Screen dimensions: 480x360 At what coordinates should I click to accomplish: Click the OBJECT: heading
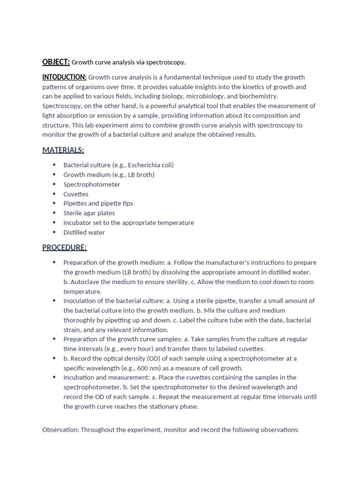point(56,62)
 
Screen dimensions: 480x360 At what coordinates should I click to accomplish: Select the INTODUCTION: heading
point(64,77)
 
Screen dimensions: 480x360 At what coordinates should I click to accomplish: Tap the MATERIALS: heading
point(63,150)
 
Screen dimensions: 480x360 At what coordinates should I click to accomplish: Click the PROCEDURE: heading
point(64,247)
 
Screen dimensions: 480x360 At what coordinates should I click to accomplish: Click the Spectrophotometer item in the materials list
point(91,184)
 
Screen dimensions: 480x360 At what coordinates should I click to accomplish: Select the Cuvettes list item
point(76,194)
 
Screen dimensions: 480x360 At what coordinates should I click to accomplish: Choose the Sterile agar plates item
point(89,213)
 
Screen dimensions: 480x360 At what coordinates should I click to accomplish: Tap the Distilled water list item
point(84,232)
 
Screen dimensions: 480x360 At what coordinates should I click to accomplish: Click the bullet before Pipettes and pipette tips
point(54,203)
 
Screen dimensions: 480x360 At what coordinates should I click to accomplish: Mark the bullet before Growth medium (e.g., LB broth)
point(54,174)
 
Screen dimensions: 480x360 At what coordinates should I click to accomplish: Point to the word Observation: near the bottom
point(60,429)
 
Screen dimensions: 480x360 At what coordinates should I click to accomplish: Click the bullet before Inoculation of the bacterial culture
point(54,300)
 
